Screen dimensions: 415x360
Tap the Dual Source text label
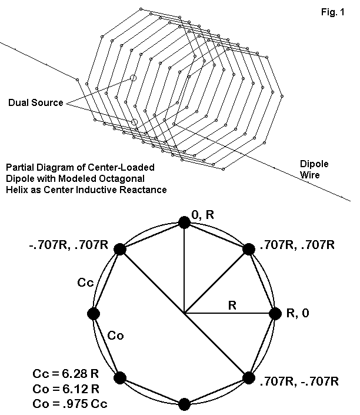pyautogui.click(x=35, y=103)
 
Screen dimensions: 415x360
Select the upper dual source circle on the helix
pyautogui.click(x=133, y=78)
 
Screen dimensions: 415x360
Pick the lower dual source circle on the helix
pyautogui.click(x=134, y=122)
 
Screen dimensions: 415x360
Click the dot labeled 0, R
pyautogui.click(x=184, y=222)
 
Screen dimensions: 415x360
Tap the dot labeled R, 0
pyautogui.click(x=275, y=313)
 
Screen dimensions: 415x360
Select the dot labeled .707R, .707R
pyautogui.click(x=248, y=249)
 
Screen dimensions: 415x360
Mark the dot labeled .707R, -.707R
pyautogui.click(x=248, y=377)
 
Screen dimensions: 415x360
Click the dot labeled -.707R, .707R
pyautogui.click(x=120, y=249)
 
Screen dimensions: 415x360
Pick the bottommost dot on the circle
pyautogui.click(x=184, y=404)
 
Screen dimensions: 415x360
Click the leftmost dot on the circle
pyautogui.click(x=93, y=313)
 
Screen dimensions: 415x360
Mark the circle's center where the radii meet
pyautogui.click(x=184, y=313)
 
